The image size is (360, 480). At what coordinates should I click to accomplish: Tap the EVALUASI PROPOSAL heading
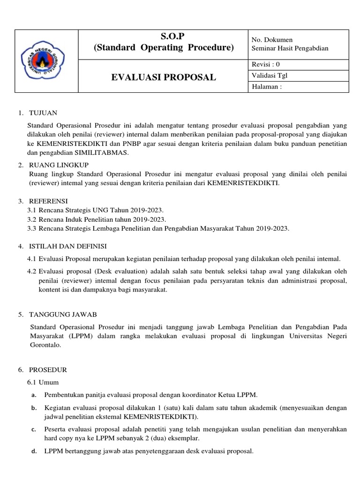(163, 77)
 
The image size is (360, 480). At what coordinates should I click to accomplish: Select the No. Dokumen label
(272, 40)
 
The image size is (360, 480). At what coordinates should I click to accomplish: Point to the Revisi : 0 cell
(266, 64)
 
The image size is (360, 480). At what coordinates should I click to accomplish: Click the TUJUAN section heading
(43, 113)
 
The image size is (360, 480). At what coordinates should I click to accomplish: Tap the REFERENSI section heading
(48, 200)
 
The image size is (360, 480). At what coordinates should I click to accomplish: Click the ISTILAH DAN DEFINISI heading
(68, 246)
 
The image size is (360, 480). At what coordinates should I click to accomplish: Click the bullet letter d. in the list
(34, 452)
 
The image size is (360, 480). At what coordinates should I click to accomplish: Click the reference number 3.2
(32, 219)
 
